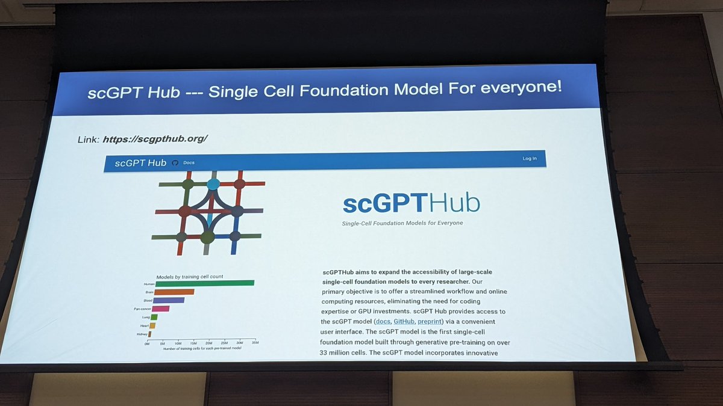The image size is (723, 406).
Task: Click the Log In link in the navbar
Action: point(530,159)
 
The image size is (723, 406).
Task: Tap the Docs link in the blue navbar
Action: point(189,162)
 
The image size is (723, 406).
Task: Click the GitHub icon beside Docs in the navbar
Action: point(175,162)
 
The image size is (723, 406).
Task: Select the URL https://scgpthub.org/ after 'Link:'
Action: point(155,139)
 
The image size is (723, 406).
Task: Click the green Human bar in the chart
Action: point(204,283)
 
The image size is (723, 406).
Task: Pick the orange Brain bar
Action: point(174,292)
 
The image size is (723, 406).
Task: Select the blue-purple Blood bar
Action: point(169,300)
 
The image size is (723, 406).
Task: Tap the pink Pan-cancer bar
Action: point(160,309)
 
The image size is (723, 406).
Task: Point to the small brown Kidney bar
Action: point(149,334)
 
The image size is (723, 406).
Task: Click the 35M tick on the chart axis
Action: point(255,343)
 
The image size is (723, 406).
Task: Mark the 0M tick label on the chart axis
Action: point(147,343)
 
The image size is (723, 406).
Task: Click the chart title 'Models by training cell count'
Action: point(190,277)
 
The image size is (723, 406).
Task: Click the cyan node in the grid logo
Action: point(213,184)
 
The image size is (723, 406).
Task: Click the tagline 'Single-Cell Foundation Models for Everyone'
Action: point(402,223)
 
